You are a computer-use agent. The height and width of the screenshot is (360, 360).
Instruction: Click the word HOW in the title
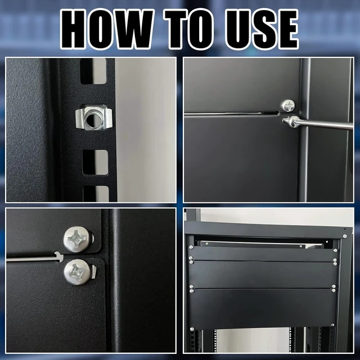pos(107,29)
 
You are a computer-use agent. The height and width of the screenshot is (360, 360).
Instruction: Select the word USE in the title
pos(261,29)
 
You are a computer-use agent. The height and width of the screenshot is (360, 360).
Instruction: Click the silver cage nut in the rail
pos(94,118)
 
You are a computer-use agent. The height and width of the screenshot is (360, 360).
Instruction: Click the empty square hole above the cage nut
pos(93,71)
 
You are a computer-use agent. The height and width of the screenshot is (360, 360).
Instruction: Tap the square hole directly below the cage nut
pos(95,163)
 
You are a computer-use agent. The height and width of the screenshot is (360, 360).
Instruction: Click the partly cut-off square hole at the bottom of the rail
pos(96,193)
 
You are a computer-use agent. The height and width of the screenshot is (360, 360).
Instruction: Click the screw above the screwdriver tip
pos(288,106)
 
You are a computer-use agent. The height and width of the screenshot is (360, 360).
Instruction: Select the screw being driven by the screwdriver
pos(290,121)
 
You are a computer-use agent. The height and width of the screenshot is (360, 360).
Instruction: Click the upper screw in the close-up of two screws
pos(78,239)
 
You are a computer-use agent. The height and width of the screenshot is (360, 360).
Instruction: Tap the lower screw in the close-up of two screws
pos(78,272)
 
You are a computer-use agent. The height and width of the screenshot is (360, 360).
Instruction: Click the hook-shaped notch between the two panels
pos(58,256)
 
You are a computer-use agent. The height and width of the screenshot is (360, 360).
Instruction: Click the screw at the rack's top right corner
pos(345,236)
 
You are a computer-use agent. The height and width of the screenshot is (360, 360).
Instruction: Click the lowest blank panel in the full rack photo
pos(263,308)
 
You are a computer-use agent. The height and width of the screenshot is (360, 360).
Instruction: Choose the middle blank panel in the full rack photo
pos(263,274)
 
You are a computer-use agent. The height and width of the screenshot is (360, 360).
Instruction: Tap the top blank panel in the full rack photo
pos(263,254)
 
